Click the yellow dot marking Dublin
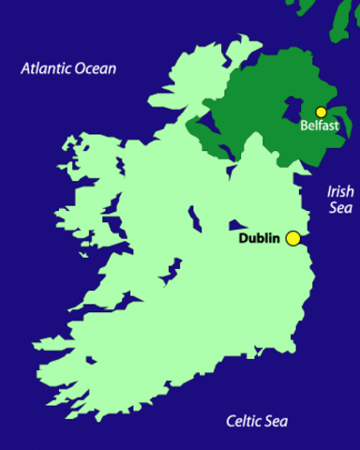coord(293,238)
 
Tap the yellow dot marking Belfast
coord(321,112)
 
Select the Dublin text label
coord(260,238)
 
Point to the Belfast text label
coord(319,126)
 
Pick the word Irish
coord(340,191)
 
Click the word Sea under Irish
coord(340,208)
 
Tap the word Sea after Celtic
coord(277,420)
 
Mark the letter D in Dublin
coord(243,238)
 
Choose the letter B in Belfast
coord(304,126)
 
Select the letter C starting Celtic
coord(230,420)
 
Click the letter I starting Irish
coord(329,191)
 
